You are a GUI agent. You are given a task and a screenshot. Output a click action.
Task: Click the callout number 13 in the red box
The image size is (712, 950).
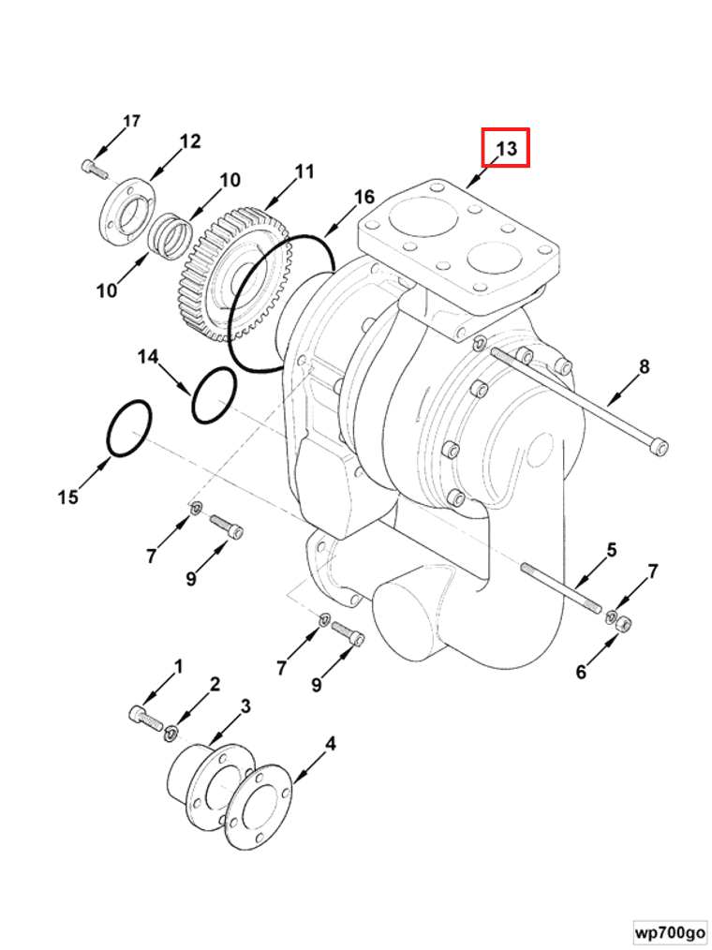506,148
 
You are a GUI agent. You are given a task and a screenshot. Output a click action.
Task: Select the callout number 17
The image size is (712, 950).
131,121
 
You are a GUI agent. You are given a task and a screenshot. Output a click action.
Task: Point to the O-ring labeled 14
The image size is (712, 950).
215,395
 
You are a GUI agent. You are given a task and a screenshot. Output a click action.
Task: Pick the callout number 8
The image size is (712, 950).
644,366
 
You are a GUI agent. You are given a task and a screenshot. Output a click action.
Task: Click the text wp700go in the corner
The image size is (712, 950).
669,933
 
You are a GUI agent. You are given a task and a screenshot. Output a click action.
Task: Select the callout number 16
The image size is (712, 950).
363,197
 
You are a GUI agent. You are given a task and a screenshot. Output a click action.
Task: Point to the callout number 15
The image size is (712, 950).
67,497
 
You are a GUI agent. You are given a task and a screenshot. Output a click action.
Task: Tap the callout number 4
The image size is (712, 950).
330,744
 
